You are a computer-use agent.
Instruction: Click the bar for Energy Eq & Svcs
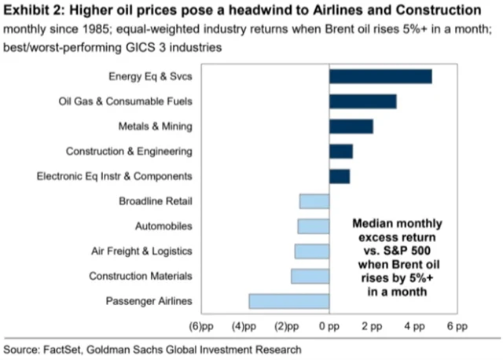click(380, 76)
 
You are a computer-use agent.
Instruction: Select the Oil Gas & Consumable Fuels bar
click(362, 101)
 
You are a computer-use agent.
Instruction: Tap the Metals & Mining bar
click(351, 127)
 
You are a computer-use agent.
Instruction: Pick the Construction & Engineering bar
click(340, 151)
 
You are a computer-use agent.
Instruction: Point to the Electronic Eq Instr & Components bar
click(339, 176)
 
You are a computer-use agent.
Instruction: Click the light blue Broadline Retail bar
click(314, 201)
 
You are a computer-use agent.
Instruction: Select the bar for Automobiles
click(313, 226)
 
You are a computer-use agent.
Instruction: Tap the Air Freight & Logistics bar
click(311, 252)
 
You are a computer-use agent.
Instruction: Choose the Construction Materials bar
click(310, 276)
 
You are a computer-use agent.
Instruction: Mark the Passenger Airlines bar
click(288, 301)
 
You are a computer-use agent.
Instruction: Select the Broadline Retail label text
click(155, 201)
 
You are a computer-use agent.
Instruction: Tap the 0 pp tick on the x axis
click(329, 325)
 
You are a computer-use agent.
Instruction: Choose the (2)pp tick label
click(286, 325)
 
